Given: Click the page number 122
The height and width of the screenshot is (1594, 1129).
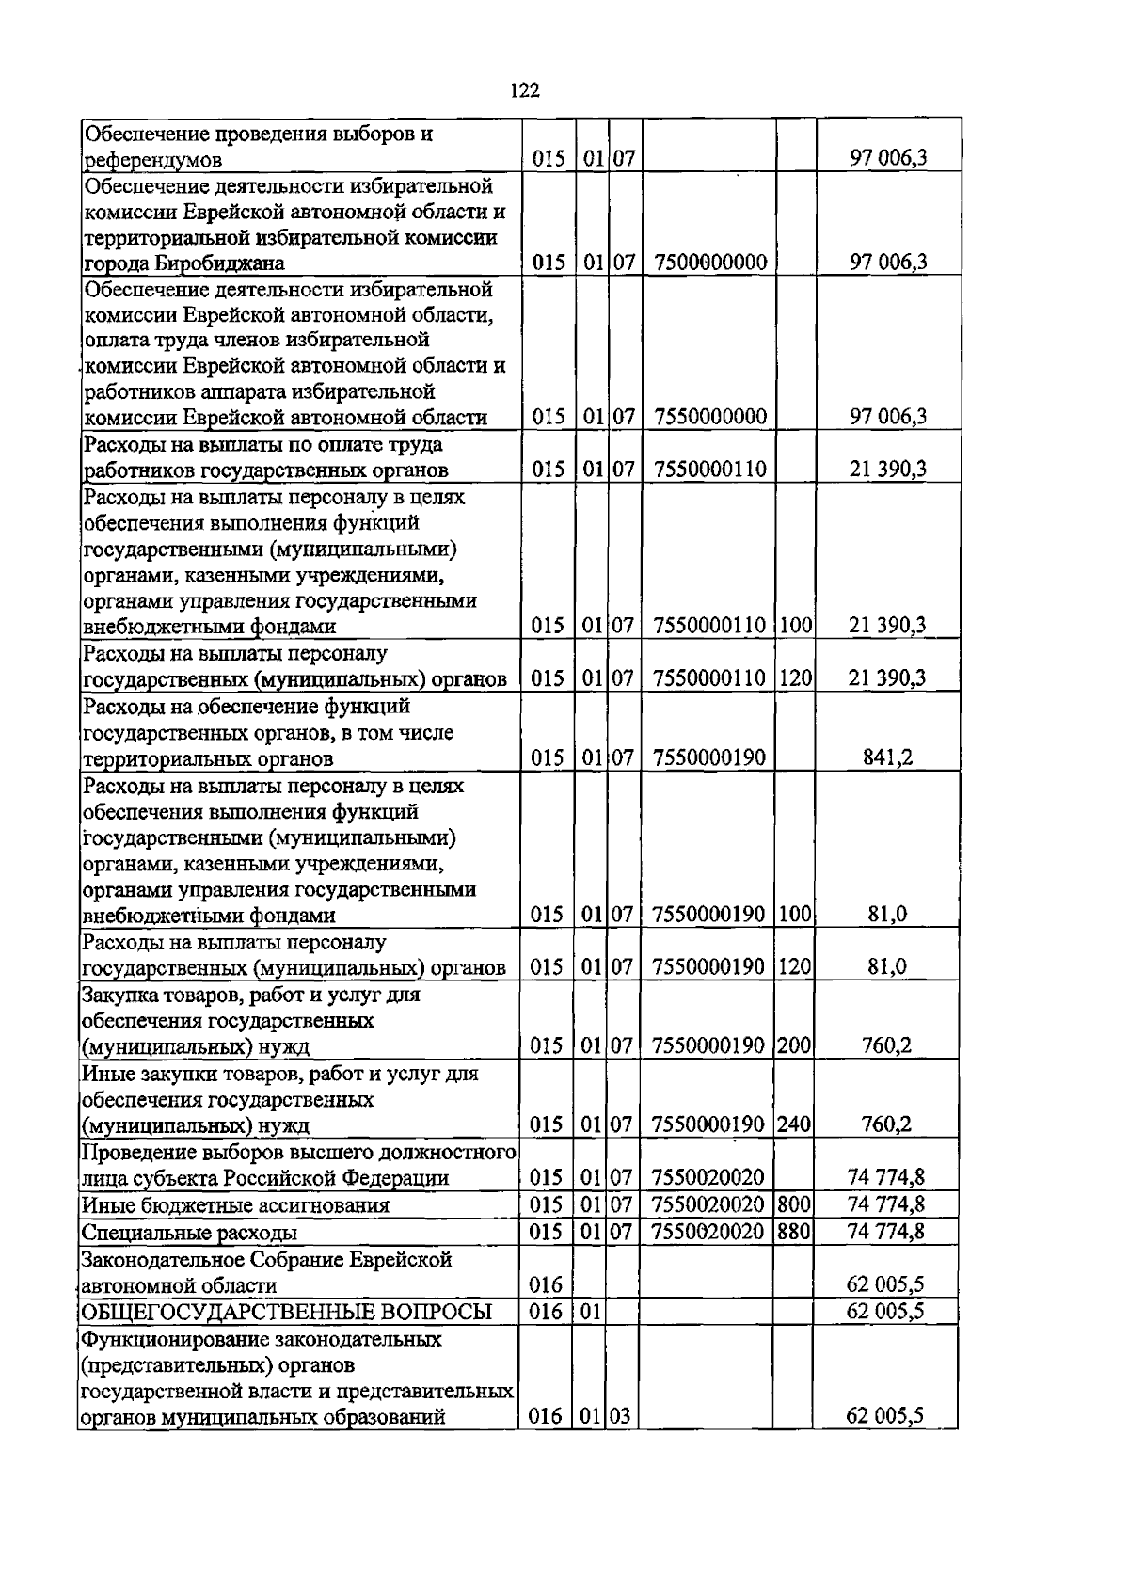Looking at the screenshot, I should [x=524, y=90].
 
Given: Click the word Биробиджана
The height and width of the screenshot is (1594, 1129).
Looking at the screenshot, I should [x=221, y=263].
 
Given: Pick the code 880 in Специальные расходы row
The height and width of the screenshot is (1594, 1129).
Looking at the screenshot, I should [x=795, y=1231].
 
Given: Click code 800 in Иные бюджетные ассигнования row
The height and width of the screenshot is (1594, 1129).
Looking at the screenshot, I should [x=795, y=1204].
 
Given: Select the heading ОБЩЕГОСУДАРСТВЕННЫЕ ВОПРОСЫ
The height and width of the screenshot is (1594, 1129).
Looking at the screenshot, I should [x=287, y=1312].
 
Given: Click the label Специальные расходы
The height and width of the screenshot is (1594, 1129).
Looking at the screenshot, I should [x=190, y=1232].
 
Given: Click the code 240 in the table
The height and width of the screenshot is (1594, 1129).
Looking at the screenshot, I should [x=795, y=1124].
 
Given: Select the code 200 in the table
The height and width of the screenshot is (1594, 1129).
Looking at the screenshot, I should [x=795, y=1045].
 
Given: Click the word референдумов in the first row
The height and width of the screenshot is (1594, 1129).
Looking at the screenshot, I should [x=153, y=159].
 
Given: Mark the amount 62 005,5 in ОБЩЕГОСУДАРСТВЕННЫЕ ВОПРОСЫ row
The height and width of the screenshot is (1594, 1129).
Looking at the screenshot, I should [x=885, y=1312].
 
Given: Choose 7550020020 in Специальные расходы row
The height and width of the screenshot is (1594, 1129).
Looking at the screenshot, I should [x=708, y=1231].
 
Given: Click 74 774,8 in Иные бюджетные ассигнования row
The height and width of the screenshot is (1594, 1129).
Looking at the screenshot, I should [x=885, y=1204].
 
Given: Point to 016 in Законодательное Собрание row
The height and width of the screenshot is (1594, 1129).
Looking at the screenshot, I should [x=546, y=1285].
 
